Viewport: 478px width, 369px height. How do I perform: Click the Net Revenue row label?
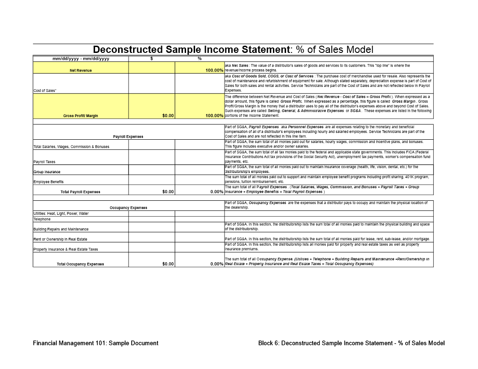(81, 71)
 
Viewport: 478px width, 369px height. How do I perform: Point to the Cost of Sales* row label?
(44, 90)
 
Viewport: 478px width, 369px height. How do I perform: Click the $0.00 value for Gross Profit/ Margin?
(168, 116)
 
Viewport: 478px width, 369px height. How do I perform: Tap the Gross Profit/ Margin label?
(81, 116)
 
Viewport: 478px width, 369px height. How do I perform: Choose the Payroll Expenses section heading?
(128, 137)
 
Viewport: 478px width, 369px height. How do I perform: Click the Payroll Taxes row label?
(44, 161)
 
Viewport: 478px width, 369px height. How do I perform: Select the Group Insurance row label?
(47, 172)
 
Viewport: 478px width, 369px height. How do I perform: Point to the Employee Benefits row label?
(48, 182)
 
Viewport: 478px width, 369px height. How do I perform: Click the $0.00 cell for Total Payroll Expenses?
(168, 192)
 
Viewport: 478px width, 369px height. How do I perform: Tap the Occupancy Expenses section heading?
(128, 208)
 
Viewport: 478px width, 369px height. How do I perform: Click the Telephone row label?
(42, 219)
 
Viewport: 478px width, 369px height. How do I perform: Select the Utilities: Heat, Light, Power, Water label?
(61, 213)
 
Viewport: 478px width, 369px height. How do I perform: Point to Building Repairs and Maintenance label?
(61, 229)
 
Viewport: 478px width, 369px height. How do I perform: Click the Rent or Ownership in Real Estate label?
(60, 239)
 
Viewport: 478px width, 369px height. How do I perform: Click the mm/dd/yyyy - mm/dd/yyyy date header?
(81, 59)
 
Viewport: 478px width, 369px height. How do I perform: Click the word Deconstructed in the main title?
(128, 50)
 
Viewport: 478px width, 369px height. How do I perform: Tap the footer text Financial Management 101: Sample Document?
(96, 343)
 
